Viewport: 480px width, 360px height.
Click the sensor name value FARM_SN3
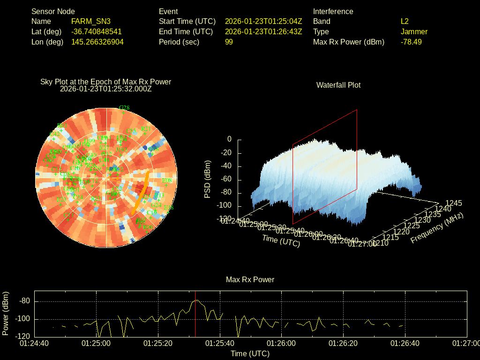pyautogui.click(x=91, y=22)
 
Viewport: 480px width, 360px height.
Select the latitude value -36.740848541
pyautogui.click(x=97, y=32)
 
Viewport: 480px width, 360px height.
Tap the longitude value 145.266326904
pyautogui.click(x=97, y=42)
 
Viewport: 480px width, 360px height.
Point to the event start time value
pyautogui.click(x=263, y=22)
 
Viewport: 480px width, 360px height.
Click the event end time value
pyautogui.click(x=263, y=32)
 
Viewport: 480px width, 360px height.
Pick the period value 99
pyautogui.click(x=229, y=42)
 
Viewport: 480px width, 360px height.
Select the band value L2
pyautogui.click(x=405, y=22)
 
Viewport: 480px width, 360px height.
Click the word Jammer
pyautogui.click(x=414, y=32)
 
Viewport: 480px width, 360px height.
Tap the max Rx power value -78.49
pyautogui.click(x=411, y=42)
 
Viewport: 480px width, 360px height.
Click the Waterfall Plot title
pyautogui.click(x=338, y=85)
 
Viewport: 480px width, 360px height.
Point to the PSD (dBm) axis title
pyautogui.click(x=208, y=179)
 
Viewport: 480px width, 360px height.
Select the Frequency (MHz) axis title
pyautogui.click(x=437, y=228)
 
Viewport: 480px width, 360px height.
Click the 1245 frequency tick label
pyautogui.click(x=453, y=203)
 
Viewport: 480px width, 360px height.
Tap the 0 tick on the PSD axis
pyautogui.click(x=229, y=139)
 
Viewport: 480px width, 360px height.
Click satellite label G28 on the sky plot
pyautogui.click(x=124, y=108)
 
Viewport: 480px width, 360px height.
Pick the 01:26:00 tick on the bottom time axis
pyautogui.click(x=281, y=343)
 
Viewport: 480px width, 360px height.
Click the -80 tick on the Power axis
pyautogui.click(x=24, y=301)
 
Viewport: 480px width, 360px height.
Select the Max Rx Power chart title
pyautogui.click(x=250, y=280)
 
